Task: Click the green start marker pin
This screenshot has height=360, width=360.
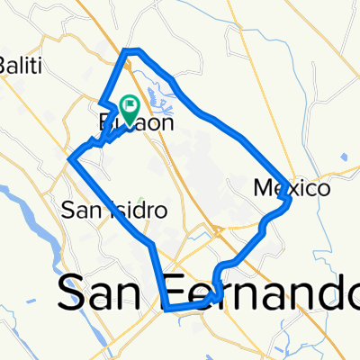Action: click(130, 110)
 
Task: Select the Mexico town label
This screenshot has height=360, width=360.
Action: click(292, 189)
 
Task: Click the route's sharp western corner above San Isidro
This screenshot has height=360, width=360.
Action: click(70, 159)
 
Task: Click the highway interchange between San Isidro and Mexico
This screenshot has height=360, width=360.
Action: click(219, 232)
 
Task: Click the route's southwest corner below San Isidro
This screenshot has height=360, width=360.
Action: click(167, 307)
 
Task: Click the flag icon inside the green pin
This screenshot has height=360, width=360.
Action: click(130, 107)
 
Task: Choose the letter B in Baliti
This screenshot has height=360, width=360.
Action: click(5, 65)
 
